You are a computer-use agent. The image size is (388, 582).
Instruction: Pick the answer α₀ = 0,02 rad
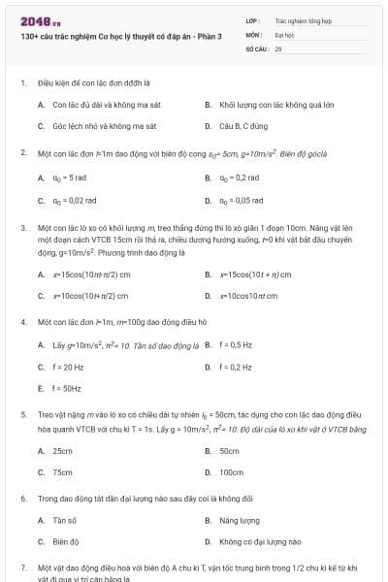tap(75, 200)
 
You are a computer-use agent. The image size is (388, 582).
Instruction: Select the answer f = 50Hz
tap(68, 388)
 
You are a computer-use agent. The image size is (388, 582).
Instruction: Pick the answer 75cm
tap(63, 471)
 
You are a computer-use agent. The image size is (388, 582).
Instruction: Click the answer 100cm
tap(232, 471)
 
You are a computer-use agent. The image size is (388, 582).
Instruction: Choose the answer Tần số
tap(65, 520)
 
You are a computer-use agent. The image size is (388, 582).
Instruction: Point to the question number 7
tap(22, 566)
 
